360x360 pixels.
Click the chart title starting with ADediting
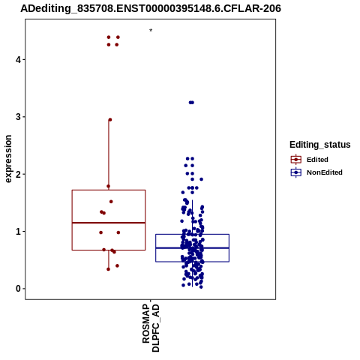click(x=151, y=8)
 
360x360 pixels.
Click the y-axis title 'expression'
click(x=8, y=159)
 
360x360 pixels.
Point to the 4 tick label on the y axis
click(x=18, y=60)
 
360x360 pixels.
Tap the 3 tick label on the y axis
click(x=18, y=117)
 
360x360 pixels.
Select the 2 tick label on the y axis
click(x=18, y=174)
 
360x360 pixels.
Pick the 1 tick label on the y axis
click(x=18, y=231)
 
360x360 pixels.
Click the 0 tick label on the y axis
click(x=18, y=289)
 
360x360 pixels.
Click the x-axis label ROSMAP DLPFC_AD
click(x=151, y=328)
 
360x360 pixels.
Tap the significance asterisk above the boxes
click(x=151, y=31)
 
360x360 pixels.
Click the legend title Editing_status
click(x=320, y=145)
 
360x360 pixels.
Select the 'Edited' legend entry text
click(x=317, y=160)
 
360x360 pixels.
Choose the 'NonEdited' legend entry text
click(x=325, y=172)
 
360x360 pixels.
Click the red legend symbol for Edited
click(x=296, y=160)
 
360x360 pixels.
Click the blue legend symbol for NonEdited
click(x=296, y=172)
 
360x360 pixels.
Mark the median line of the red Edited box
click(x=109, y=223)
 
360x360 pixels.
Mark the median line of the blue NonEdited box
click(x=192, y=248)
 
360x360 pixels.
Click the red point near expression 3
click(x=110, y=120)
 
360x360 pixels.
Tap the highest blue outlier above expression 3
click(x=191, y=103)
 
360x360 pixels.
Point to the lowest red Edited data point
click(x=108, y=269)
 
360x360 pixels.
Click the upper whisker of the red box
click(x=109, y=154)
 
